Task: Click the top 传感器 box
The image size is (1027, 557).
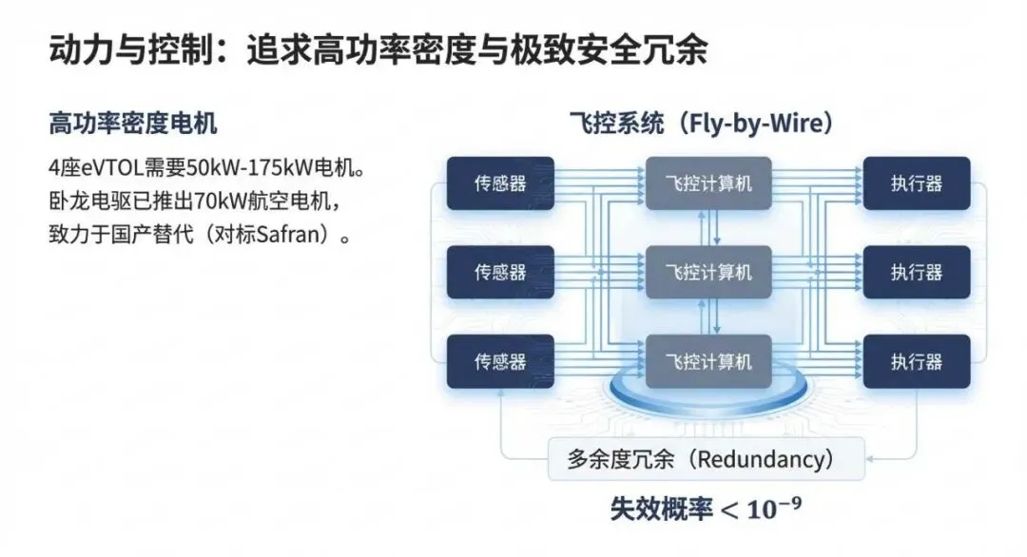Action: point(500,183)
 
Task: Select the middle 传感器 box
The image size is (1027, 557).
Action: point(500,273)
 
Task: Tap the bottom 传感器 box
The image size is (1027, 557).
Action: point(500,361)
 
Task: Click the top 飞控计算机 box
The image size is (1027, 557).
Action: point(708,183)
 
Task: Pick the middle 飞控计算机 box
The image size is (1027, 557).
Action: point(708,273)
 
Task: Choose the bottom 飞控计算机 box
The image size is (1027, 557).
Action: point(708,361)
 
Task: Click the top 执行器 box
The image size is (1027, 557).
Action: point(916,183)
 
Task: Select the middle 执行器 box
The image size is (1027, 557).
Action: point(916,273)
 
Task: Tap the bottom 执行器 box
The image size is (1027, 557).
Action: point(916,361)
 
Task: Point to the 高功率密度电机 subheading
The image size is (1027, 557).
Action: point(133,124)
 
